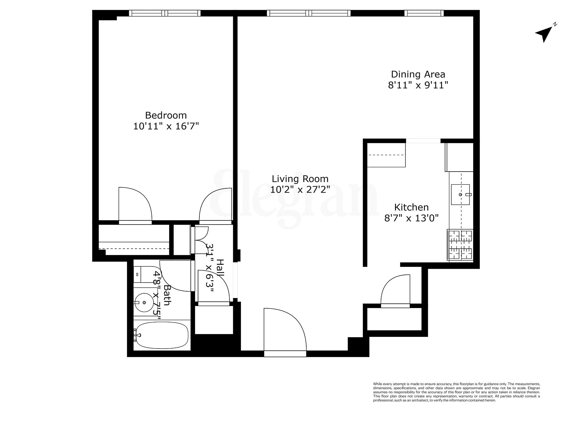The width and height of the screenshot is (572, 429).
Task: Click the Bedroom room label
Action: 166,115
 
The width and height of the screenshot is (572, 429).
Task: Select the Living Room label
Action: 300,179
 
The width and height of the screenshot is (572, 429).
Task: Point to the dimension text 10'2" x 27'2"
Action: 300,190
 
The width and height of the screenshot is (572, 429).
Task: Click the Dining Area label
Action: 418,74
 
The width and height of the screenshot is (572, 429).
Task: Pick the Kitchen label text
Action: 411,207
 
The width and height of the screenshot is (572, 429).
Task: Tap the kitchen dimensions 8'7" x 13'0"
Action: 411,218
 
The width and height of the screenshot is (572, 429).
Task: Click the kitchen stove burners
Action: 460,245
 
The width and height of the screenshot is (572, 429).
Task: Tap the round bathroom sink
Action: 144,303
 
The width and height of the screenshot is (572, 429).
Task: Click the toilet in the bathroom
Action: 140,274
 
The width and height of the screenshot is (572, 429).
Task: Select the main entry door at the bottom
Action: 285,332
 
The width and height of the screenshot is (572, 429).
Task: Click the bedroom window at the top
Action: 165,13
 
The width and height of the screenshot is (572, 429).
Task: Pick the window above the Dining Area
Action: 424,13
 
